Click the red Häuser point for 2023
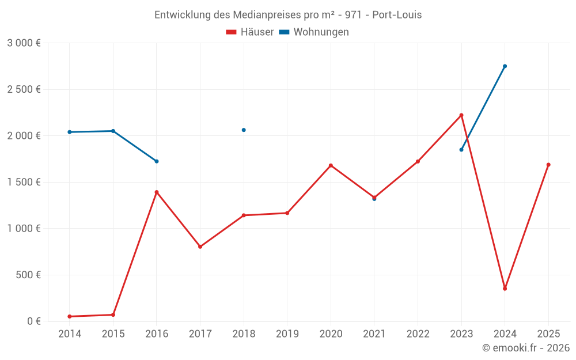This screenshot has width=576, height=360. pyautogui.click(x=461, y=115)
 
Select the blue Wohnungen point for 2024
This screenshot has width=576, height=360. pyautogui.click(x=505, y=66)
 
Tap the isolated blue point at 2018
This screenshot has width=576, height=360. pyautogui.click(x=244, y=130)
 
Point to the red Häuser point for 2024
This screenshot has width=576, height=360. pyautogui.click(x=505, y=289)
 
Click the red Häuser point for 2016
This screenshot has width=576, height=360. pyautogui.click(x=157, y=192)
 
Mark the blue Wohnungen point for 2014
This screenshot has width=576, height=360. pyautogui.click(x=70, y=132)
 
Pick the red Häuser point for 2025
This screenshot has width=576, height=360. pyautogui.click(x=548, y=165)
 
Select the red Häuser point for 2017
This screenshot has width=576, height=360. pyautogui.click(x=200, y=247)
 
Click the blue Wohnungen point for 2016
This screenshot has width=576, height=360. pyautogui.click(x=157, y=161)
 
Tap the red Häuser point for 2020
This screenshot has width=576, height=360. pyautogui.click(x=331, y=165)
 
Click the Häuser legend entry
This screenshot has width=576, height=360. pyautogui.click(x=250, y=32)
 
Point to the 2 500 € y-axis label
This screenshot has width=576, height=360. pyautogui.click(x=24, y=89)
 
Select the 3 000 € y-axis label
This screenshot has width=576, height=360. pyautogui.click(x=24, y=43)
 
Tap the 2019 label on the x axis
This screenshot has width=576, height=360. pyautogui.click(x=287, y=334)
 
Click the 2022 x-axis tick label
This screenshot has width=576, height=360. pyautogui.click(x=418, y=334)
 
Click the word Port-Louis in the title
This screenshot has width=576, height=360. pyautogui.click(x=397, y=15)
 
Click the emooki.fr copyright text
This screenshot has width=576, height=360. pyautogui.click(x=526, y=348)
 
